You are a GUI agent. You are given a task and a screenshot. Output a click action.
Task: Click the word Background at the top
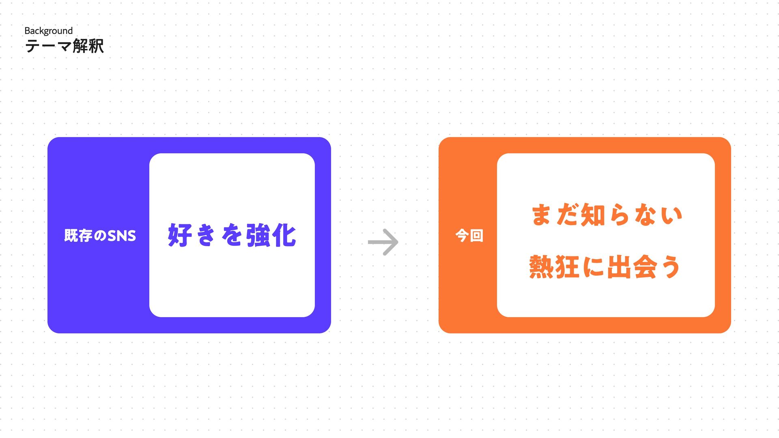click(48, 31)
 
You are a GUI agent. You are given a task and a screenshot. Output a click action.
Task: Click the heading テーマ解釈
click(65, 46)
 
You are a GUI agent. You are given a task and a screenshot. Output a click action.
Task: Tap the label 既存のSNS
click(100, 236)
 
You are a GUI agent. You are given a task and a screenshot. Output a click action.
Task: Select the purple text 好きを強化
click(232, 235)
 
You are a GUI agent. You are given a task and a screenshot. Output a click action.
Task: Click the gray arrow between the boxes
click(383, 242)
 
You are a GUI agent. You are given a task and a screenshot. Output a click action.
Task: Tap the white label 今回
click(469, 235)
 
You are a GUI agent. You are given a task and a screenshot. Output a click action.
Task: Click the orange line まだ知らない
click(607, 215)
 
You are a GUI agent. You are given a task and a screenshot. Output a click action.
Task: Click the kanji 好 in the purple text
click(180, 235)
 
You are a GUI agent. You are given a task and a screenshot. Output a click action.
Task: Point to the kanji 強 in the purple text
click(258, 235)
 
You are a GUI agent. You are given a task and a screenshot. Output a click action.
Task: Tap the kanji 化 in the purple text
click(284, 235)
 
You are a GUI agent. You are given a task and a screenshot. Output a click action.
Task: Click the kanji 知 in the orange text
click(593, 215)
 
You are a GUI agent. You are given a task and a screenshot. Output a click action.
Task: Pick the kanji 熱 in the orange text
click(541, 267)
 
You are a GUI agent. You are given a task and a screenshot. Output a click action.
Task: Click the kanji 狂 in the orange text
click(567, 267)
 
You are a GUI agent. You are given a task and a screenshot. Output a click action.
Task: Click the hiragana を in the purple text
click(232, 235)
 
